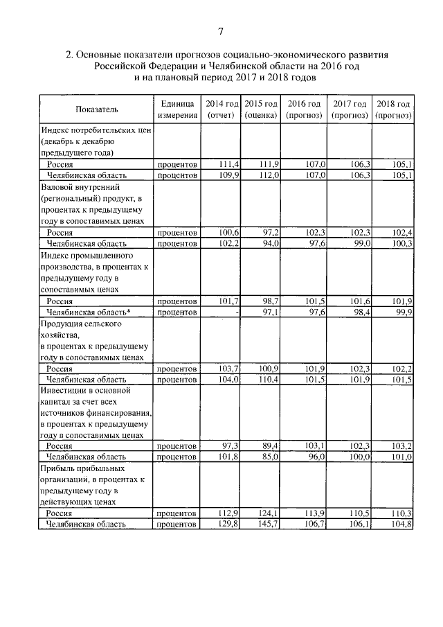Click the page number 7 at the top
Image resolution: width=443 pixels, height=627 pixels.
220,31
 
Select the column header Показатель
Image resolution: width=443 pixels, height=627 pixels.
97,109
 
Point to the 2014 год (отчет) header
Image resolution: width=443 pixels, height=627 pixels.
221,109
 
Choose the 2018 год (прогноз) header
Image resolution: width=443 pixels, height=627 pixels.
393,109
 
